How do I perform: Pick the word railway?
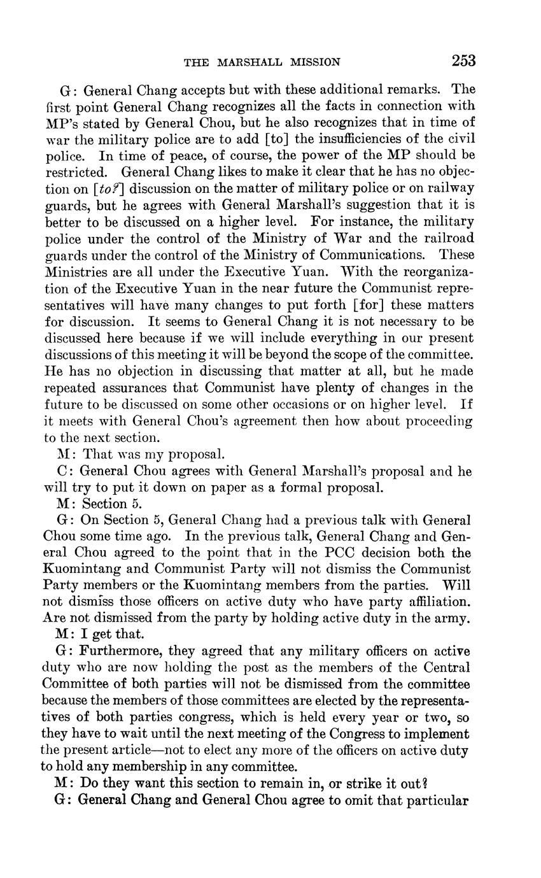tap(449, 189)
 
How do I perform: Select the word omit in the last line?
tap(365, 800)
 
